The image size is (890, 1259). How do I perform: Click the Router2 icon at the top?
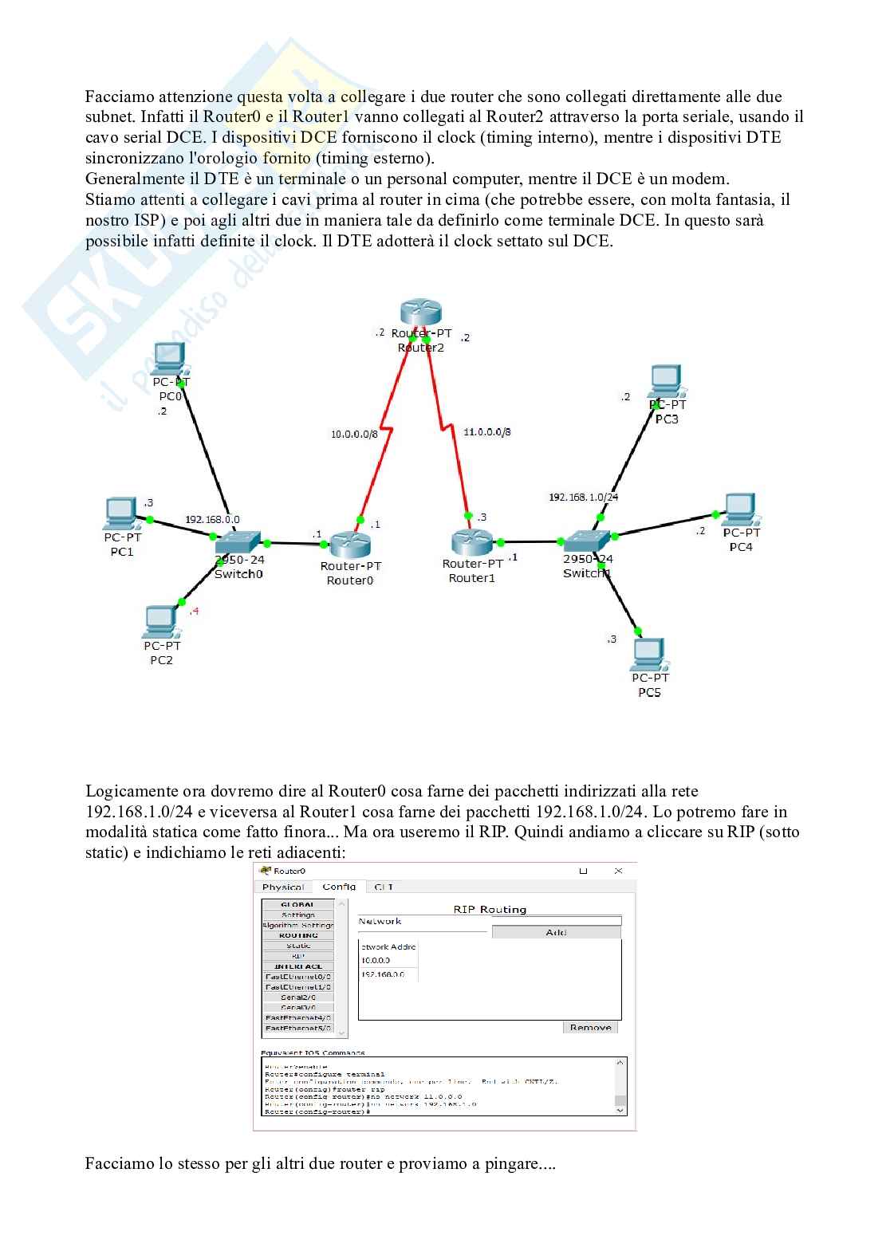420,313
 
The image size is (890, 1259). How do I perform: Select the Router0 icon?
350,545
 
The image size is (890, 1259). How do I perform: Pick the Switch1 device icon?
587,541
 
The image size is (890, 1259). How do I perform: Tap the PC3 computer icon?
666,381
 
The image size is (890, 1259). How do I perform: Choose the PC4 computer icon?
740,509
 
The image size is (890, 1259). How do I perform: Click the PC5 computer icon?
648,655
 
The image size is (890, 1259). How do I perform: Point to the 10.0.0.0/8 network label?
354,434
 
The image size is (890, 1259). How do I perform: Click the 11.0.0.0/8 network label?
486,432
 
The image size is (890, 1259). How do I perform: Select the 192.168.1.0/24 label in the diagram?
583,497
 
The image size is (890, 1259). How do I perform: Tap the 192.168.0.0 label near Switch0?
212,519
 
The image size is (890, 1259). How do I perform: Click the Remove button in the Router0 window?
590,1027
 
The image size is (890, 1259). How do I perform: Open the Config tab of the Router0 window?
339,887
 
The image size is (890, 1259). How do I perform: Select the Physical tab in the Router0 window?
283,887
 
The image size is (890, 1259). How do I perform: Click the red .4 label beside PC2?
194,611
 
